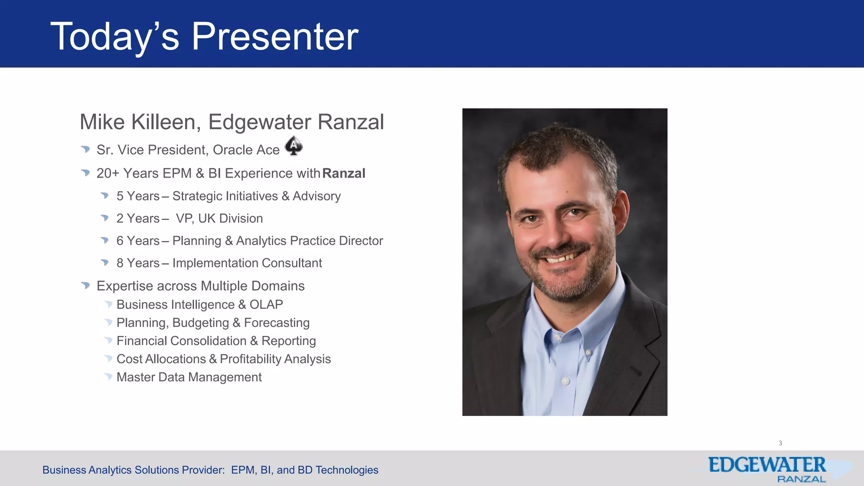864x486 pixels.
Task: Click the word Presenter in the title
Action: (x=275, y=37)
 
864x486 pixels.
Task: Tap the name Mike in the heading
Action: (x=102, y=122)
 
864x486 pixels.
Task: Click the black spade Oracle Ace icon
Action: (x=294, y=146)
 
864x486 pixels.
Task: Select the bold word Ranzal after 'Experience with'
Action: (x=343, y=173)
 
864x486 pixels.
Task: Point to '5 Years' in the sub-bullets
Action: (x=138, y=196)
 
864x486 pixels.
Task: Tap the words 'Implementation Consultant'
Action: (x=247, y=263)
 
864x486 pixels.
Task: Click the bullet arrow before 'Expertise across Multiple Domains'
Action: (x=86, y=286)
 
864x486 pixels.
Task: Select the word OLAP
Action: (x=266, y=305)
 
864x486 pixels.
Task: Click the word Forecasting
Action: (x=277, y=323)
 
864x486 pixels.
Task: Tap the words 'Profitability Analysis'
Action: (x=275, y=359)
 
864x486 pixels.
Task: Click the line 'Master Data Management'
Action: (x=189, y=377)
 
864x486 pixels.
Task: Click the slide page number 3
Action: (x=780, y=443)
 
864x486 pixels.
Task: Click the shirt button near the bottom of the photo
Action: (x=566, y=381)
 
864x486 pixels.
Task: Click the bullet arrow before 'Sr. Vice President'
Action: (x=86, y=149)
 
